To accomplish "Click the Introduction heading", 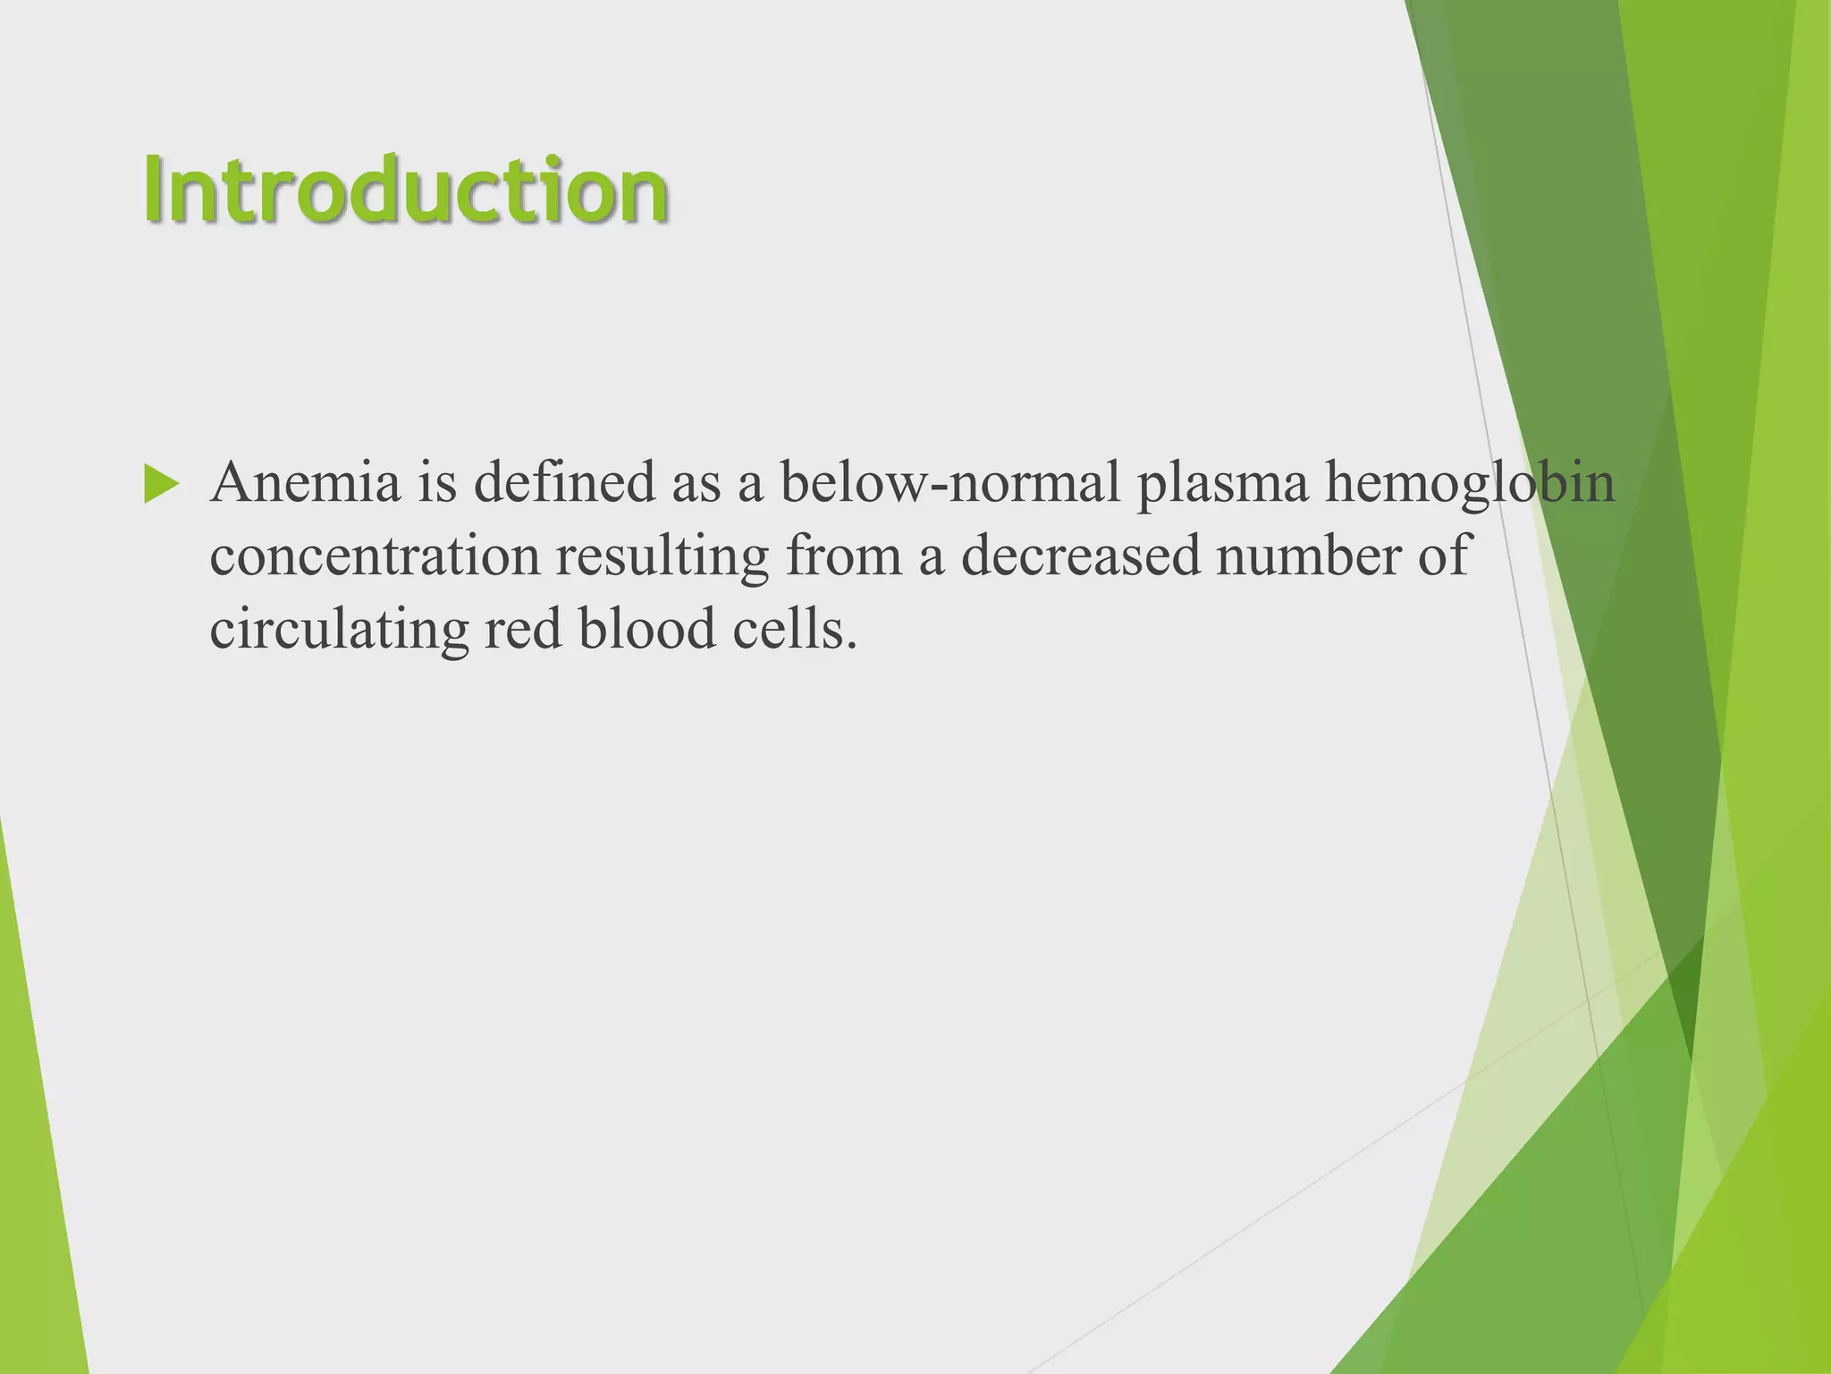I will coord(406,190).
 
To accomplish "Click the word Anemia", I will coord(305,483).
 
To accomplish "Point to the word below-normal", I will coord(949,483).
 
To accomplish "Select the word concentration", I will coord(375,556).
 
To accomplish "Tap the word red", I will coord(523,630).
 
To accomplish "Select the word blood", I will coord(647,630).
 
